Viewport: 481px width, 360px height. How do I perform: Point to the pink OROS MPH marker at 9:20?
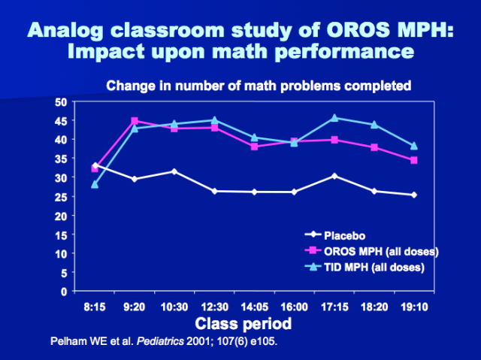point(135,121)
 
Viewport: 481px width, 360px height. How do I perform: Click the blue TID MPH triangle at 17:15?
point(334,117)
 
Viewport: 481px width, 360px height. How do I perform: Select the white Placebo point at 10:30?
point(174,171)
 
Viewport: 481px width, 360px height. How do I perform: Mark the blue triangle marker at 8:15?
point(95,184)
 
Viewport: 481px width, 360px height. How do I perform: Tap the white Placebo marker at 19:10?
point(413,195)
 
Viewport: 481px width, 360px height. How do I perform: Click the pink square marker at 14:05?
point(255,147)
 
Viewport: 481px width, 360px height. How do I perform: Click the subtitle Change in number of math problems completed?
point(259,85)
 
